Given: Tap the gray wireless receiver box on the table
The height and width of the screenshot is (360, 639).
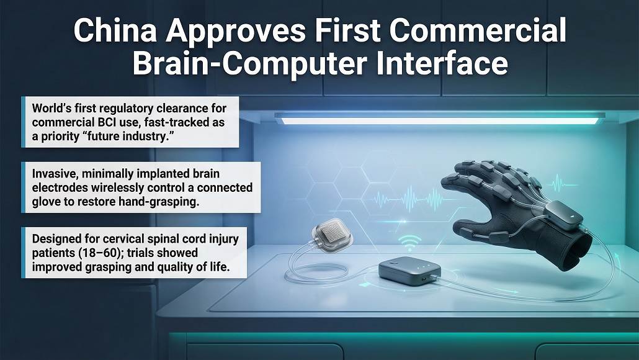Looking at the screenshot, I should (x=409, y=271).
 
